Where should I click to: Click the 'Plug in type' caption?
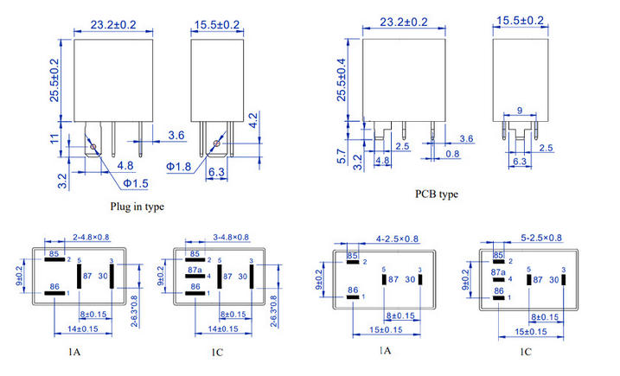click(137, 207)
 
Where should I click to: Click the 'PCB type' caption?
click(437, 194)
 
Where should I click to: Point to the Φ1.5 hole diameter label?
click(136, 183)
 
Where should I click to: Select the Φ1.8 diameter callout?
click(178, 167)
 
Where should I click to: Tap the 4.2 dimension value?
click(253, 120)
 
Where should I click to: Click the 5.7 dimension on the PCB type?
click(342, 156)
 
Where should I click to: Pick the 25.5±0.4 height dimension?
click(342, 80)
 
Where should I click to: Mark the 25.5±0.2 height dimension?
click(54, 80)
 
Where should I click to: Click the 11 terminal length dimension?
click(54, 139)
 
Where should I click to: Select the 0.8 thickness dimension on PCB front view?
click(452, 153)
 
